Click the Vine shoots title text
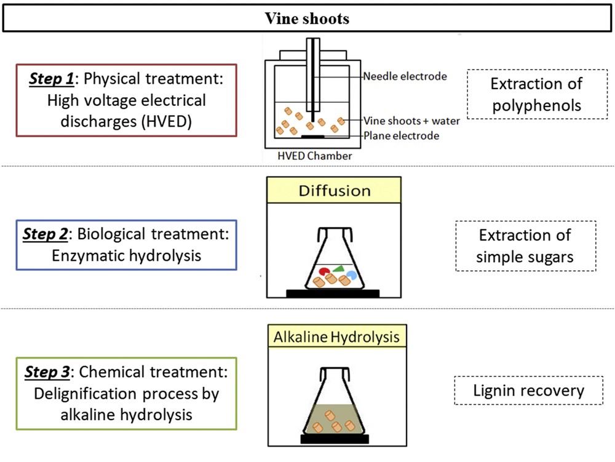point(307,18)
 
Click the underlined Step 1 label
point(52,80)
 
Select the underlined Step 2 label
point(47,234)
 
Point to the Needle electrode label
point(405,77)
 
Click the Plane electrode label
point(401,136)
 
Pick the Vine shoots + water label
point(411,121)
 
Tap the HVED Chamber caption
point(314,156)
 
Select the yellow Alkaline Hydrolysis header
point(336,337)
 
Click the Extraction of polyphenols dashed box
point(536,94)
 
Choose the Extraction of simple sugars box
point(525,245)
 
